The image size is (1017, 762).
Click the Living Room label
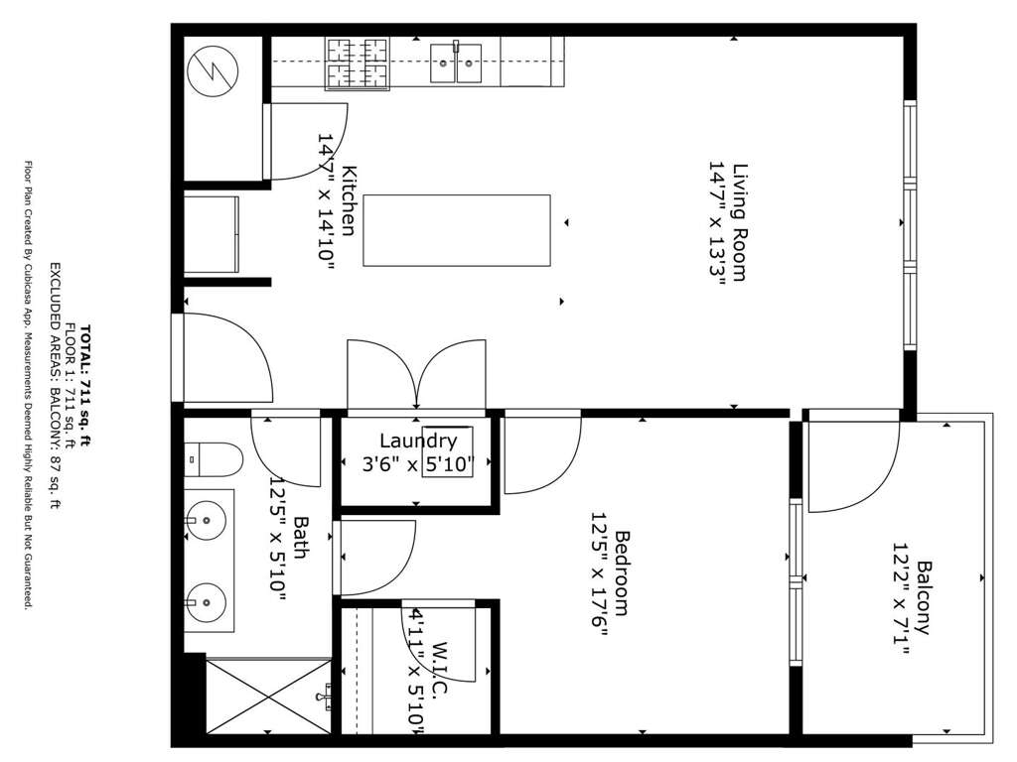click(740, 221)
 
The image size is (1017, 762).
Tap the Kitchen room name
click(349, 200)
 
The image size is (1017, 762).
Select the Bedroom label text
click(623, 572)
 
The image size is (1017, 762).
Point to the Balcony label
click(923, 597)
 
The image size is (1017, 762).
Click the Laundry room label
click(418, 441)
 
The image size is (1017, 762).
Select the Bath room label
click(302, 537)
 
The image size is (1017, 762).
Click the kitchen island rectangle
click(457, 230)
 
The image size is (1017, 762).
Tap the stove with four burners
click(358, 63)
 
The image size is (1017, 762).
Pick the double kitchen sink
click(456, 63)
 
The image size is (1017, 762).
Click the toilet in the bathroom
click(213, 459)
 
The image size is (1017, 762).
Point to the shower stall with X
click(268, 696)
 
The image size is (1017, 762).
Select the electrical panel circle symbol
click(213, 71)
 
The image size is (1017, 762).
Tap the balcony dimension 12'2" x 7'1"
click(900, 597)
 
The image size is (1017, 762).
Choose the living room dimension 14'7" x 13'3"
click(716, 222)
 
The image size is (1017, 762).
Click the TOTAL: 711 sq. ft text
click(85, 385)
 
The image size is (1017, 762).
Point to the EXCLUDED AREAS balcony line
click(57, 386)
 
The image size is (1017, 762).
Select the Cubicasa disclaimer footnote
click(28, 385)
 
